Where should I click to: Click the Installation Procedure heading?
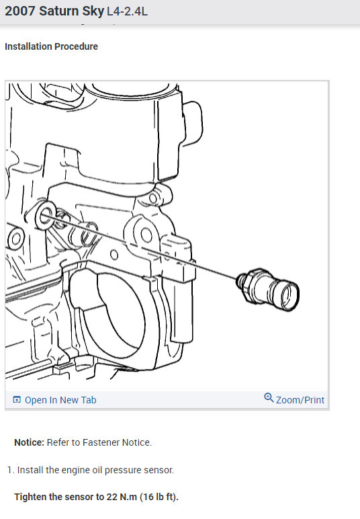pos(51,46)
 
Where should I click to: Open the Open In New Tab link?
pos(60,400)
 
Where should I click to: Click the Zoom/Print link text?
pos(300,400)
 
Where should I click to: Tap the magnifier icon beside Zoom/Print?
pos(269,398)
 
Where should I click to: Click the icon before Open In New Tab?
pos(17,400)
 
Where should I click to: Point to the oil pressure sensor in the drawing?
pos(265,288)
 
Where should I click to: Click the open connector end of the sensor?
pos(288,294)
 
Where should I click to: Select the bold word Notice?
pos(29,442)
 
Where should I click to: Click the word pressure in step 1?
pos(122,470)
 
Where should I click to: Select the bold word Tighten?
pos(32,497)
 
